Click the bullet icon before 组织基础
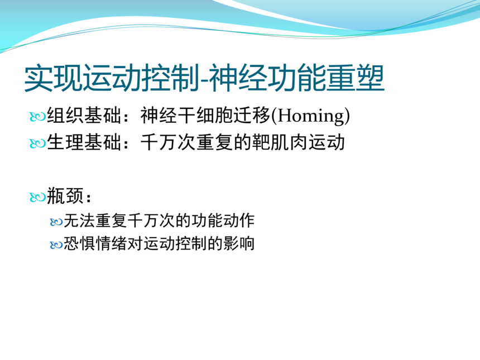(x=37, y=117)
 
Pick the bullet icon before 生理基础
(x=37, y=143)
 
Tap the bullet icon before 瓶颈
(x=37, y=197)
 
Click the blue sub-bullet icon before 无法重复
(x=56, y=222)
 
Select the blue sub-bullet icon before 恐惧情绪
(x=56, y=245)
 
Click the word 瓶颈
(x=65, y=196)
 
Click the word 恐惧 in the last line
(x=79, y=244)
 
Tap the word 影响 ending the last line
(x=239, y=244)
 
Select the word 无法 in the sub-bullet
(x=79, y=221)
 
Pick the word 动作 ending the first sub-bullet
(x=239, y=221)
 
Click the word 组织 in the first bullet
(x=65, y=116)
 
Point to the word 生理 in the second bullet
(x=65, y=142)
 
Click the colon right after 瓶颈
(x=89, y=198)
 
